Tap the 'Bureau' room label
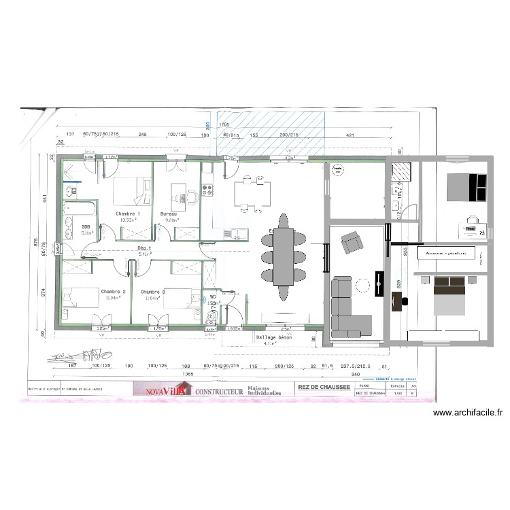(x=169, y=214)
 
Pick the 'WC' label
(x=213, y=296)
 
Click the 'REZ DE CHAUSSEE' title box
(x=324, y=388)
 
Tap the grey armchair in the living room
(x=351, y=241)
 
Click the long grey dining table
(x=283, y=257)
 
